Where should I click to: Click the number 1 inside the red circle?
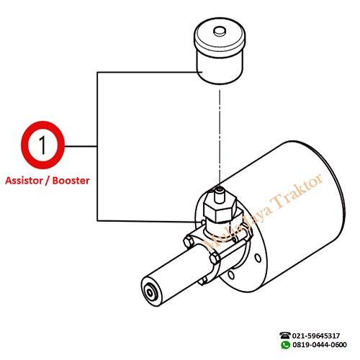(x=42, y=145)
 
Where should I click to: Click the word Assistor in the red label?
(x=24, y=181)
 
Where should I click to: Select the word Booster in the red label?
(x=71, y=181)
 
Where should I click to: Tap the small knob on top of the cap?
(x=220, y=32)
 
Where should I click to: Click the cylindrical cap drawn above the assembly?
(x=220, y=51)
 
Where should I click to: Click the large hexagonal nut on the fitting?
(x=220, y=210)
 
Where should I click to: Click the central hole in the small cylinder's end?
(x=150, y=293)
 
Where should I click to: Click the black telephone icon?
(x=285, y=336)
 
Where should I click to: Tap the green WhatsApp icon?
(x=285, y=345)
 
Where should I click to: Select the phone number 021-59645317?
(x=316, y=336)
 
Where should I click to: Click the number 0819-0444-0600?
(x=320, y=345)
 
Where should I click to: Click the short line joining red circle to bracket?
(x=81, y=146)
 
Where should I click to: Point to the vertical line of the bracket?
(x=97, y=146)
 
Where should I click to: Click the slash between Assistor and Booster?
(x=48, y=181)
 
